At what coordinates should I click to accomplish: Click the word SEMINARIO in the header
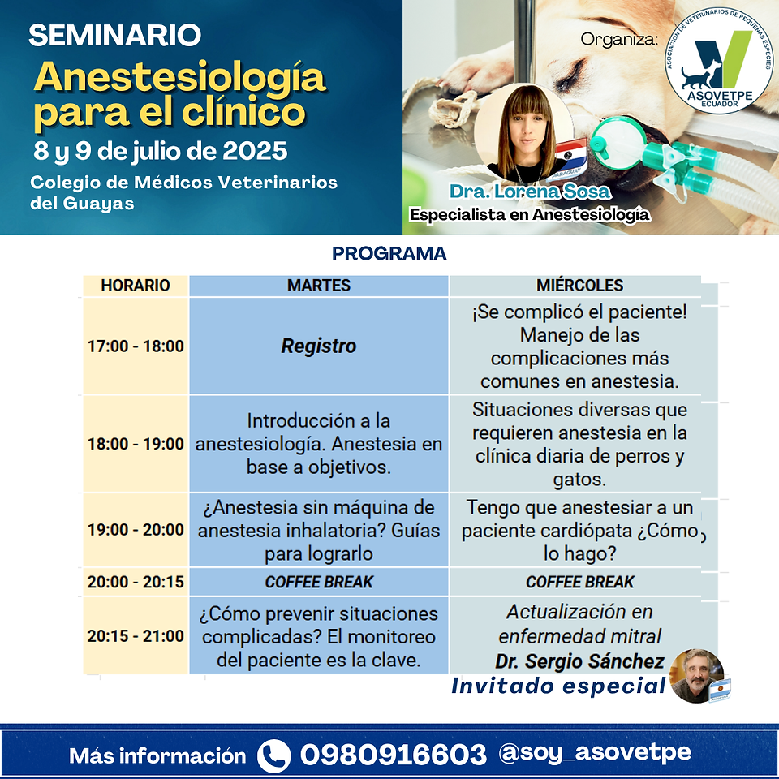(114, 35)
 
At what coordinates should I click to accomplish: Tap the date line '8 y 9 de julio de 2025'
(160, 151)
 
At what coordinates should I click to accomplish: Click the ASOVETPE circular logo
(718, 60)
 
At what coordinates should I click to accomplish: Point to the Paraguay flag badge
(570, 160)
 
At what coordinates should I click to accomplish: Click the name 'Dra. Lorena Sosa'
(530, 192)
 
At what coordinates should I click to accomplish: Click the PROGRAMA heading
(389, 253)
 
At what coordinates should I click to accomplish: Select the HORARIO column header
(136, 285)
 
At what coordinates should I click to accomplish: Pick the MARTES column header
(319, 285)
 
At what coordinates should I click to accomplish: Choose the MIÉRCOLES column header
(579, 285)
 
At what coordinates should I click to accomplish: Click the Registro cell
(319, 346)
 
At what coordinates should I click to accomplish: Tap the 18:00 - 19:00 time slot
(136, 444)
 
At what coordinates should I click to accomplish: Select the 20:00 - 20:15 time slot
(136, 582)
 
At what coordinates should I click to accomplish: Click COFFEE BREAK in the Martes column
(319, 582)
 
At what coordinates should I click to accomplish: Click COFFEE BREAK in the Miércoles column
(579, 582)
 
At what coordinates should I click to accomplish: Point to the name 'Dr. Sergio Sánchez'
(579, 661)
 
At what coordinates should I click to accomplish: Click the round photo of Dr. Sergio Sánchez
(696, 676)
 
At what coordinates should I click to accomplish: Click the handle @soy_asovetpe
(595, 753)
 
